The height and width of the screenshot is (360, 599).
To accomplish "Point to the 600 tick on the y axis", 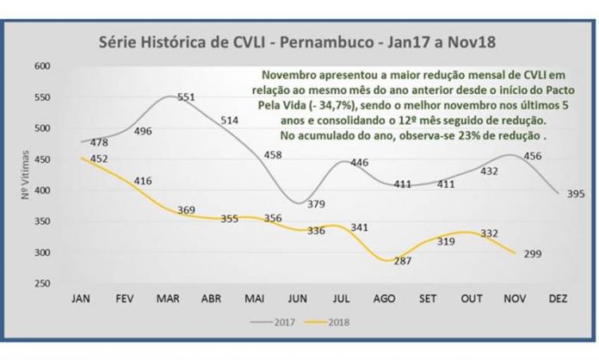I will click(42, 66).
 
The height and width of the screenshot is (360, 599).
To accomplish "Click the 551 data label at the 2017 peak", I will click(187, 97).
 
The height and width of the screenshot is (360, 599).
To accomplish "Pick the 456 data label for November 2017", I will click(534, 156).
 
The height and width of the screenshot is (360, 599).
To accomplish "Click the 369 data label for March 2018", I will click(186, 210).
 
